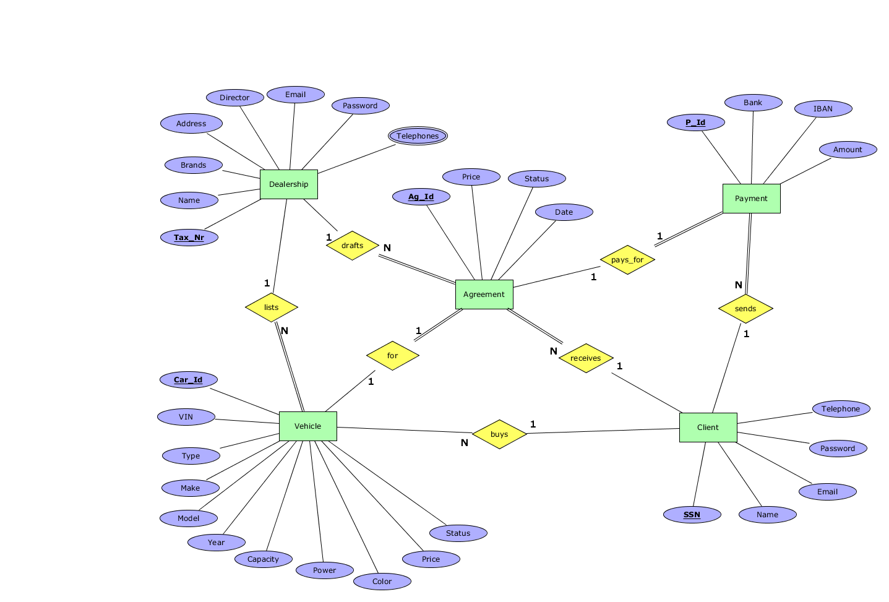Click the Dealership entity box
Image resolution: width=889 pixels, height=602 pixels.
289,184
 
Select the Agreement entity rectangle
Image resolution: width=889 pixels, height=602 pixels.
484,295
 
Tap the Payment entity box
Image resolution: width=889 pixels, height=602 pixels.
751,199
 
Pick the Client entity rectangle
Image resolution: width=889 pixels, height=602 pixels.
708,428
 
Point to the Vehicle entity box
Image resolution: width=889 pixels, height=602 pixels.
307,426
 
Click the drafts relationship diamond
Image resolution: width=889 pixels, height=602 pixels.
352,246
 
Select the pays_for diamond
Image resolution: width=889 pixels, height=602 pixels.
627,260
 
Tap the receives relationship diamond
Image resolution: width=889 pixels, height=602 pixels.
585,358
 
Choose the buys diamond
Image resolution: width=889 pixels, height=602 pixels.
499,434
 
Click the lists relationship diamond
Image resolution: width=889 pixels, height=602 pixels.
272,307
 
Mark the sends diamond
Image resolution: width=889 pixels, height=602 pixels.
745,309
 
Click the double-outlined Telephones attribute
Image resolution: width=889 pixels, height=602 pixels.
418,136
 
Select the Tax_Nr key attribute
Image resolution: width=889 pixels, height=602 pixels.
189,238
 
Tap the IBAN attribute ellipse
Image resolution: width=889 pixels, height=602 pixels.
823,109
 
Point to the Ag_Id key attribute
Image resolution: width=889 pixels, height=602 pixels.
421,197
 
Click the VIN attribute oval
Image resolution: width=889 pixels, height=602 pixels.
186,417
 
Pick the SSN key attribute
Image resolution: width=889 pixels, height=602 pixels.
692,515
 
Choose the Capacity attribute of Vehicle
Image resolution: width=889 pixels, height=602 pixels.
263,559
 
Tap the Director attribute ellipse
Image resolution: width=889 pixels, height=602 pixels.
234,98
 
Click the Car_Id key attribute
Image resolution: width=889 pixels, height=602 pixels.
188,380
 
